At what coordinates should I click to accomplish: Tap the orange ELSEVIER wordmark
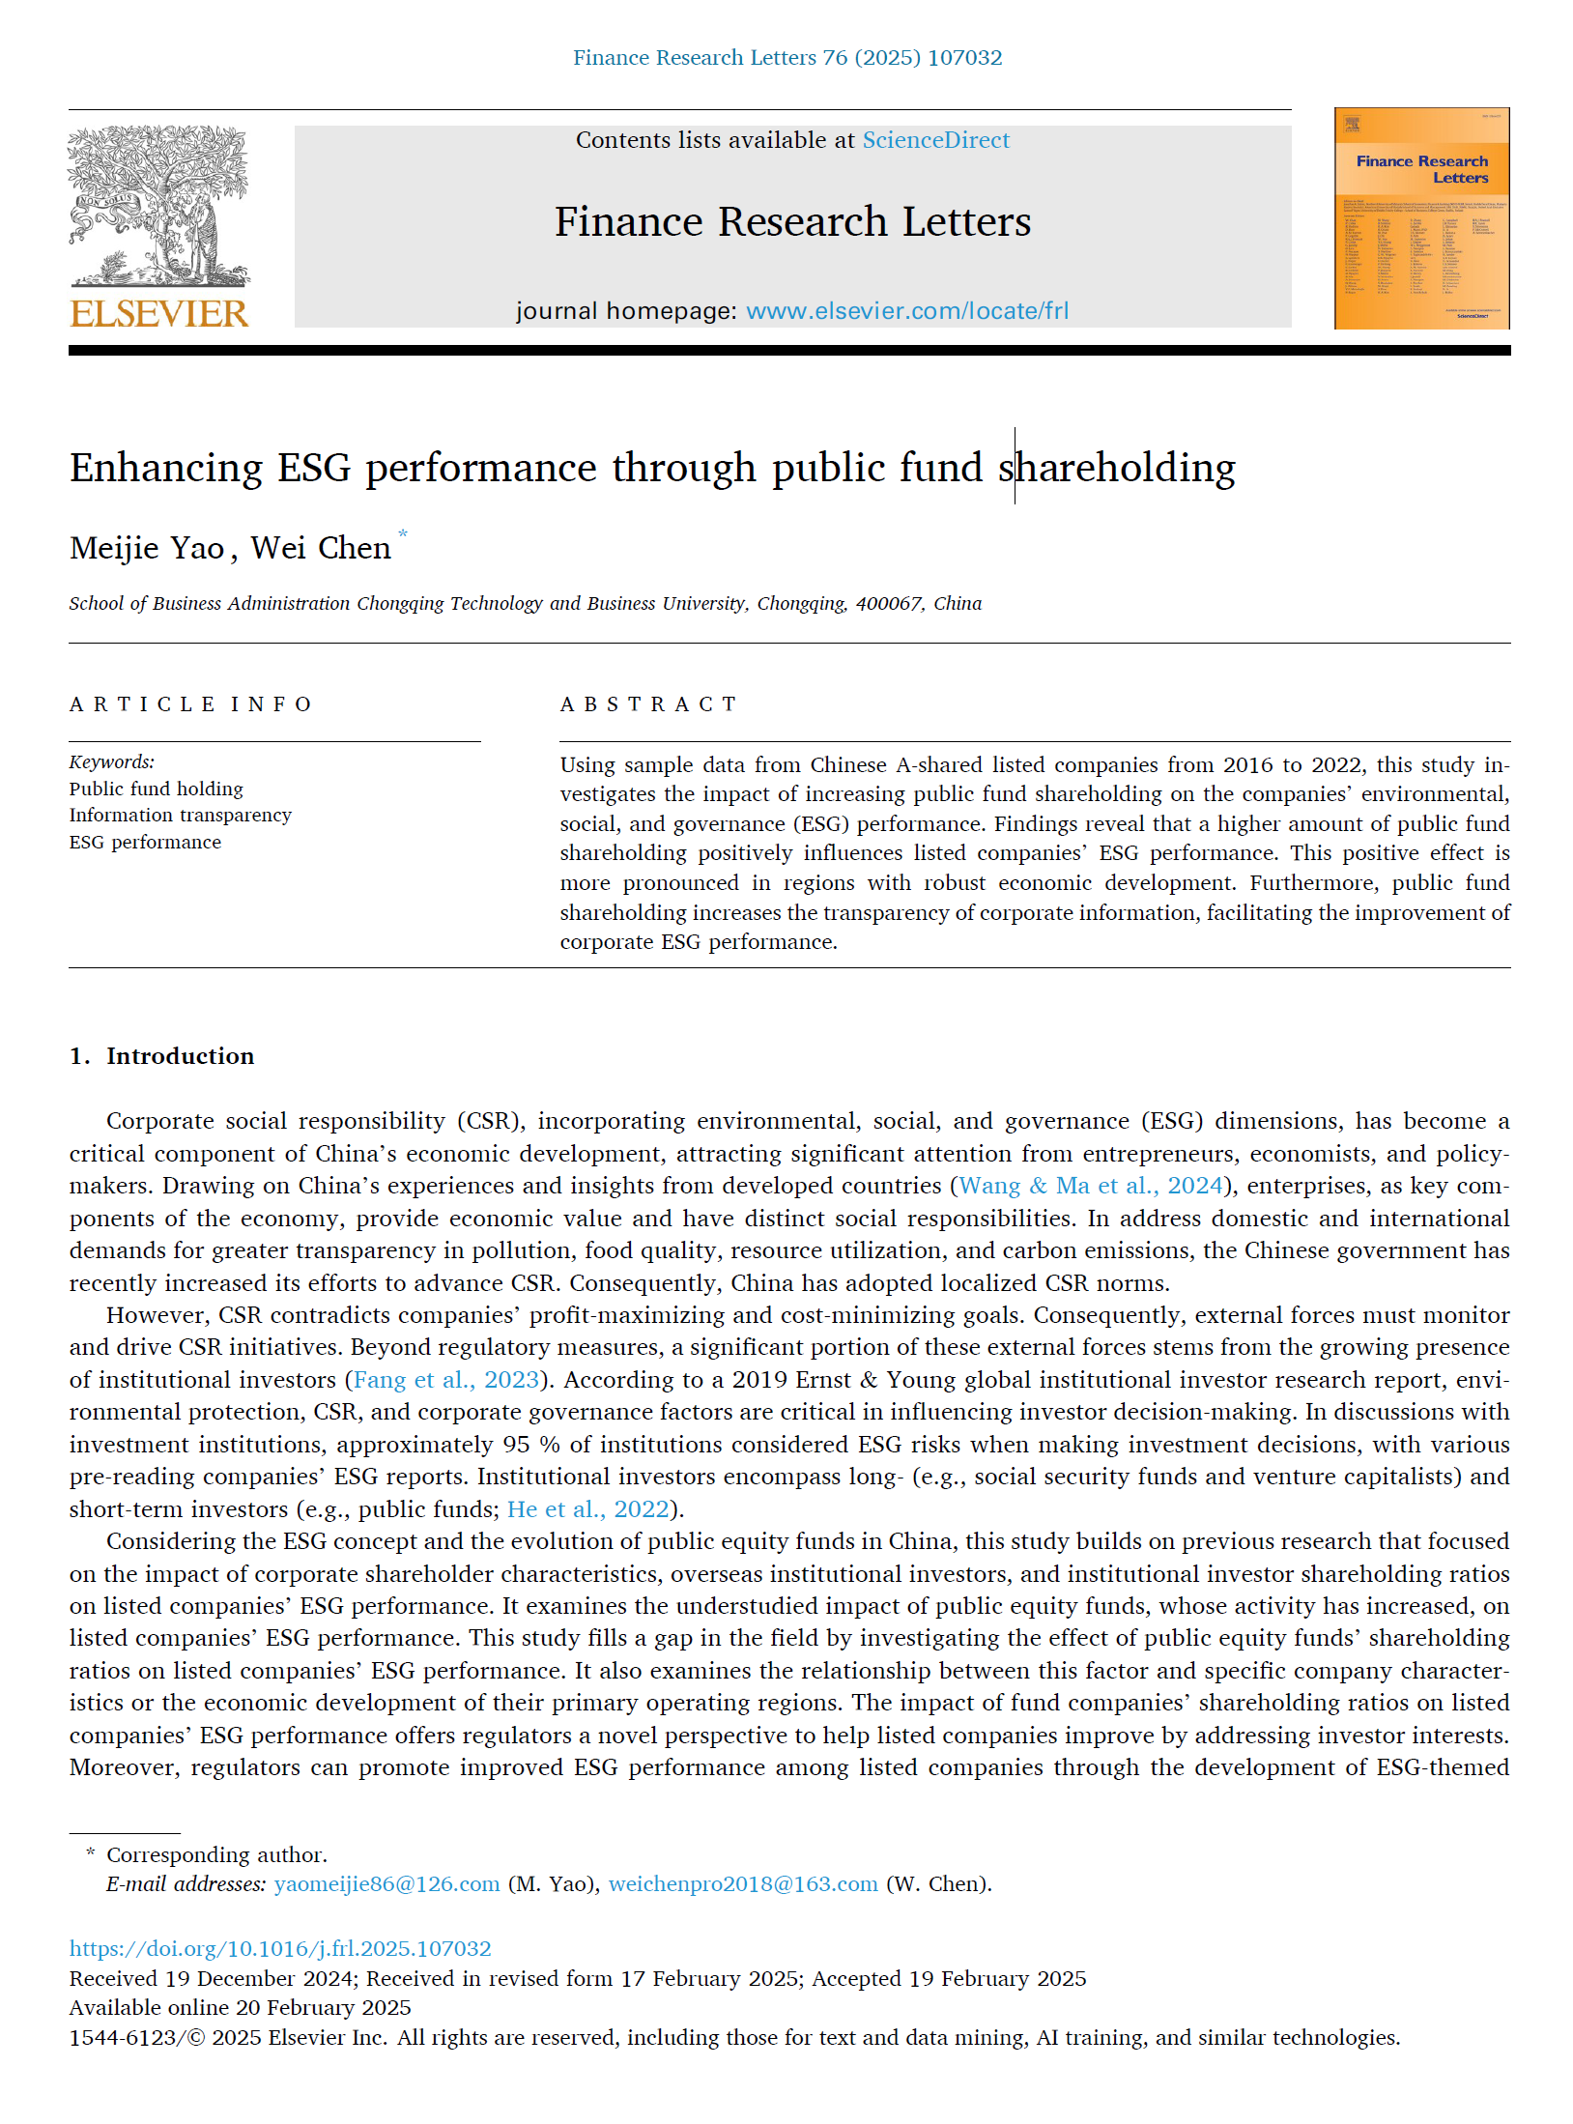point(159,314)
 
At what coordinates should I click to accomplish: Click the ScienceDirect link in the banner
point(935,140)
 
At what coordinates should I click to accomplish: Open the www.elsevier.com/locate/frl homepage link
point(906,311)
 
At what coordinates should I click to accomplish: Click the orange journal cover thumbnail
point(1421,218)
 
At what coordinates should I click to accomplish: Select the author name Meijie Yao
point(147,548)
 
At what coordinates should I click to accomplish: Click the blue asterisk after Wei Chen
point(403,533)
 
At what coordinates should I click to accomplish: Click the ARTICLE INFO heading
point(190,704)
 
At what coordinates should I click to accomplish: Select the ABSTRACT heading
point(648,704)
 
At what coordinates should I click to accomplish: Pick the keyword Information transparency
point(180,816)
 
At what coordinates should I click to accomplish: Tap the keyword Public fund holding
point(156,789)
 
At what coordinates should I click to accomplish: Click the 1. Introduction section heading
point(161,1056)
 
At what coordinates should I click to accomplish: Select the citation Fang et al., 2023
point(445,1380)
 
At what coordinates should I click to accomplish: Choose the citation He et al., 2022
point(587,1509)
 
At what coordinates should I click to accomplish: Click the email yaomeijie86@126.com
point(386,1884)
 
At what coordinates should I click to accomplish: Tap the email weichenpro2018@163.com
point(743,1884)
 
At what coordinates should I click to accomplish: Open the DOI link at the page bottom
point(280,1949)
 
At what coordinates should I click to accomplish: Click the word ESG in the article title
point(314,468)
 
